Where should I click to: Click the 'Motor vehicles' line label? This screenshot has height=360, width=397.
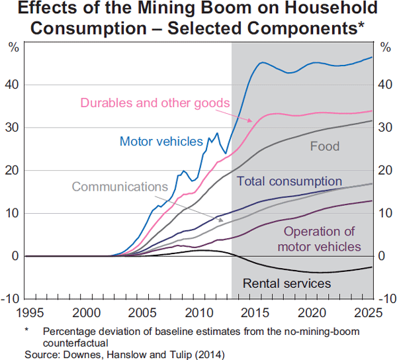(x=161, y=141)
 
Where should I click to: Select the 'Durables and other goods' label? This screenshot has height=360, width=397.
(x=155, y=103)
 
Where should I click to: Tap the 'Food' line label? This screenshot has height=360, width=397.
(x=324, y=146)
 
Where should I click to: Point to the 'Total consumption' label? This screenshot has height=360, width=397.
(x=289, y=181)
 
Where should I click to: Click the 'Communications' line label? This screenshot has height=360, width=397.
(x=116, y=187)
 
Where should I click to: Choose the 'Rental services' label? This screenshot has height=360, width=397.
(x=287, y=283)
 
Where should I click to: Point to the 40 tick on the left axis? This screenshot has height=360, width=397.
(x=13, y=85)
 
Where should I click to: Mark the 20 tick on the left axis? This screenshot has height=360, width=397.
(x=13, y=170)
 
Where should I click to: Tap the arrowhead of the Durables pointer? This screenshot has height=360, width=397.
(x=252, y=121)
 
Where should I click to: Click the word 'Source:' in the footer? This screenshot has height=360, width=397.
(x=41, y=354)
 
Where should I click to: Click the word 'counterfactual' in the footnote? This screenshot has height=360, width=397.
(x=74, y=343)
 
